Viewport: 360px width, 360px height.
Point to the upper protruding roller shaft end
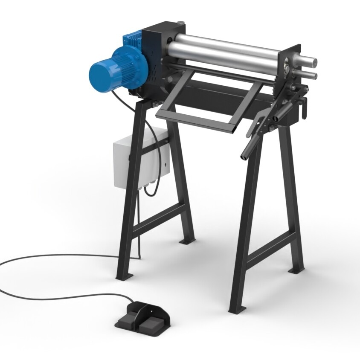312,61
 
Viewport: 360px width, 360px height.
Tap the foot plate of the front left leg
124,277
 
